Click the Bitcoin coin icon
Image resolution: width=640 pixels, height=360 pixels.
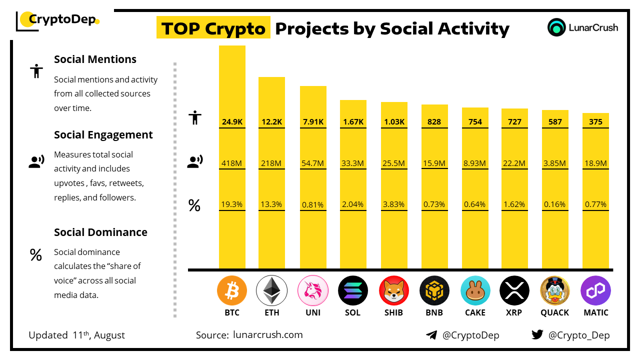pos(232,290)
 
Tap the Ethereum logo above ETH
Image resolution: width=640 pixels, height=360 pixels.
pos(271,290)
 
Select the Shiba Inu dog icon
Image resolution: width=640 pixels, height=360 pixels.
pos(394,290)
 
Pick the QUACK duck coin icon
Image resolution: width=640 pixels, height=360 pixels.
pos(555,290)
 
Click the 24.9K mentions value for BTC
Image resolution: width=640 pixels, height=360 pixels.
pos(232,121)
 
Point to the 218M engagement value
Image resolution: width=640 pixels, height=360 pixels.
pos(271,163)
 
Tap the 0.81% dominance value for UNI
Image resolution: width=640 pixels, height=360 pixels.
pos(313,204)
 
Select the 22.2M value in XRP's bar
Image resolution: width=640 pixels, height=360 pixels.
pos(514,163)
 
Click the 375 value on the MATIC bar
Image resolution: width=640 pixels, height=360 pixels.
pos(595,121)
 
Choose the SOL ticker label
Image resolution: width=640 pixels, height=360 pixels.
pos(353,312)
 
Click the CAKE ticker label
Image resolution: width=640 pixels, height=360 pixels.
pos(475,312)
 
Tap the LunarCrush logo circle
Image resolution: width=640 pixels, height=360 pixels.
pos(556,27)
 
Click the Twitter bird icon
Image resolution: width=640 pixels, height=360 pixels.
pos(537,335)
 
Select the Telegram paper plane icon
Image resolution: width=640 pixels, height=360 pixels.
pos(431,335)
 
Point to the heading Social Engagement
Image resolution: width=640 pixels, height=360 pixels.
pos(103,135)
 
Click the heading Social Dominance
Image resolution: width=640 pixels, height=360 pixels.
pos(100,232)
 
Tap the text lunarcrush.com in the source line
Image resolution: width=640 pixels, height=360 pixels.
pos(268,335)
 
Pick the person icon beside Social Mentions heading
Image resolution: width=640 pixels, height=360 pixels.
pos(36,71)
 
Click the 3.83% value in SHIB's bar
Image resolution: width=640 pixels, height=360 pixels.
pos(394,204)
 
